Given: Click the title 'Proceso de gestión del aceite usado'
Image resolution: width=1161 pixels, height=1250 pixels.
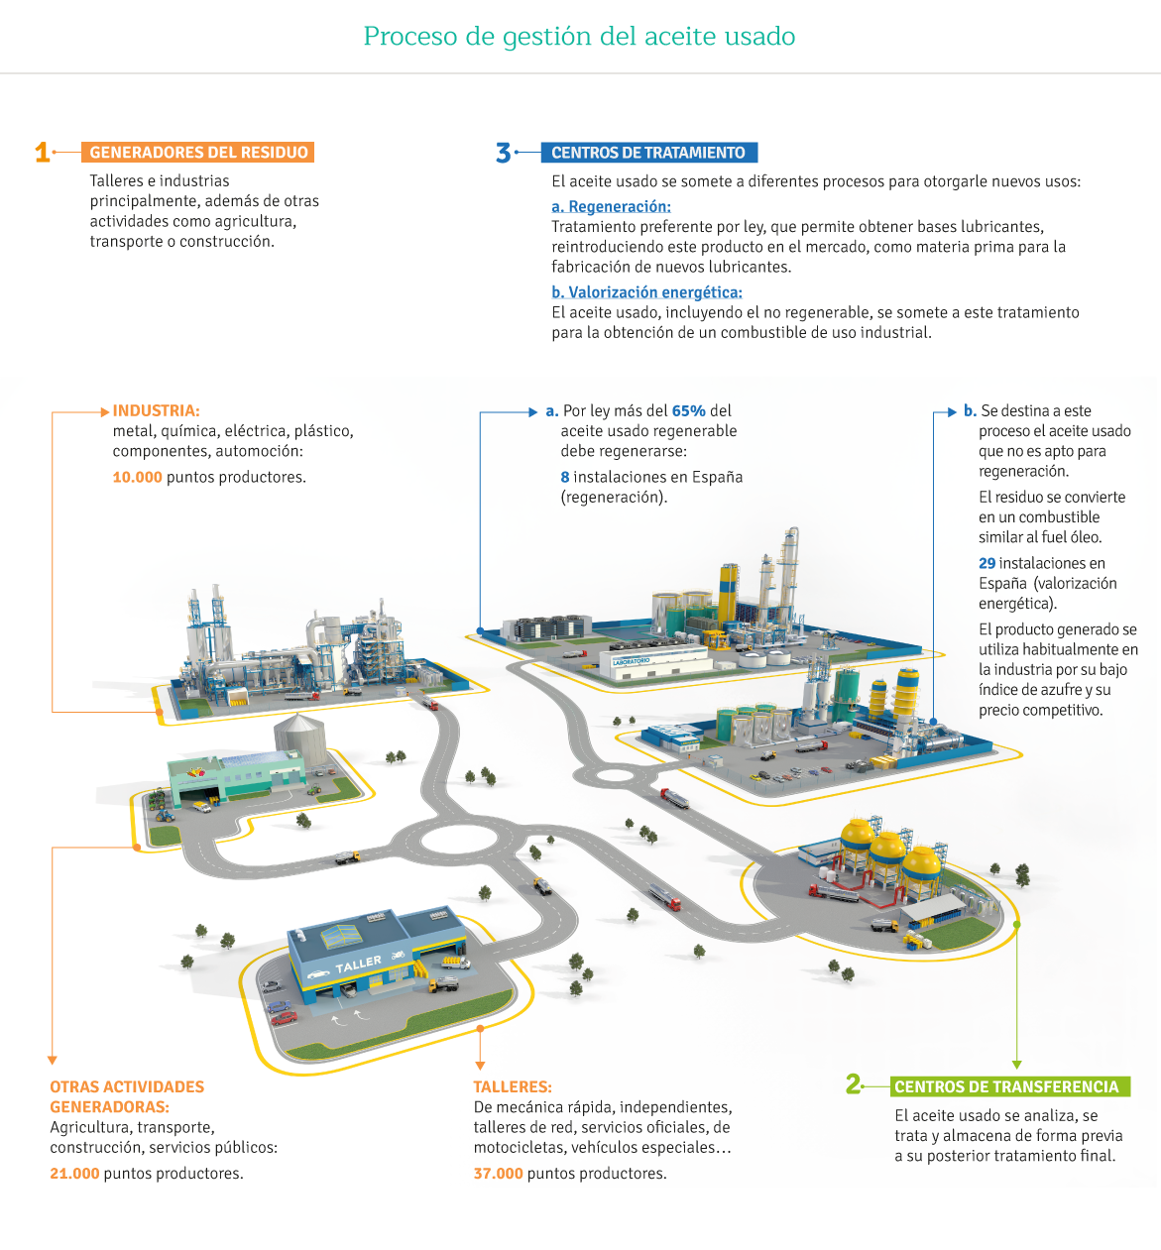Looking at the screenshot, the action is pos(579,37).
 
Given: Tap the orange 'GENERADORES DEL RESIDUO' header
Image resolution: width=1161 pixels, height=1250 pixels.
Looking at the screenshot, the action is pos(197,153).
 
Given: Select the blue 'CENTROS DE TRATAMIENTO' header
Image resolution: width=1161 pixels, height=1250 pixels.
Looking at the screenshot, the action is pos(648,153).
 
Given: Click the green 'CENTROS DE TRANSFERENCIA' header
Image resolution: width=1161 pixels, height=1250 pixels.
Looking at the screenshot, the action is pos(1010,1087).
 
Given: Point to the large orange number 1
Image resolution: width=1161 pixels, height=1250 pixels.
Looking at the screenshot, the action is pos(43,153).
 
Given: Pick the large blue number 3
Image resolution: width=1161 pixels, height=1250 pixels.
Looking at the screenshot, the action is pos(503,153).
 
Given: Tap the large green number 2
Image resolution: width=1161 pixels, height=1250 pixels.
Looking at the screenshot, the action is pos(853,1083).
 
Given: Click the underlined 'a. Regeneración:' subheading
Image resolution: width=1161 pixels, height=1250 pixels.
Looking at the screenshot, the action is pos(612,206).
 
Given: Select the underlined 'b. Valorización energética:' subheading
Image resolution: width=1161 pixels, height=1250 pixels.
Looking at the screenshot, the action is pos(646,292).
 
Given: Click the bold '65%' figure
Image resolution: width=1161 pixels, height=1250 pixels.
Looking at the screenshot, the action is pos(688,410).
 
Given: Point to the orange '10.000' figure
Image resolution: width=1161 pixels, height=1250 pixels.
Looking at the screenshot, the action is pos(137,477).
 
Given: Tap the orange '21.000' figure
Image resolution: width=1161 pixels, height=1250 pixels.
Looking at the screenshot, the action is pos(74,1174).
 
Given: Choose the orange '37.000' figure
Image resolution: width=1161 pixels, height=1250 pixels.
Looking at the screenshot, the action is pos(498,1174).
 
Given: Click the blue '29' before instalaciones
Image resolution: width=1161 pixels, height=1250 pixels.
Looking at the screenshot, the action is pos(987,563).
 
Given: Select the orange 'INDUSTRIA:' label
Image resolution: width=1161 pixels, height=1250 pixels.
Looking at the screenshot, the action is pos(156,410).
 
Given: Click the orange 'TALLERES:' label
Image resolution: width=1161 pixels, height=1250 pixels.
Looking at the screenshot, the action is pos(513,1087).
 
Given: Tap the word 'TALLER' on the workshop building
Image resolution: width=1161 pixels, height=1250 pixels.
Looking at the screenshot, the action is pos(358,964).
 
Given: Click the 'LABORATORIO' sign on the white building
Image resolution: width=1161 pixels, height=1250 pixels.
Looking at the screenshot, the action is pos(632,661).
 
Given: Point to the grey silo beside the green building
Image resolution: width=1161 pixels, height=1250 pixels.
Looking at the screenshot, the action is pos(299,739).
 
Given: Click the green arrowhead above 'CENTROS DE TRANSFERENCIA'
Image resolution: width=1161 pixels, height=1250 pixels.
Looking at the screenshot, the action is pos(1017,1065).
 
